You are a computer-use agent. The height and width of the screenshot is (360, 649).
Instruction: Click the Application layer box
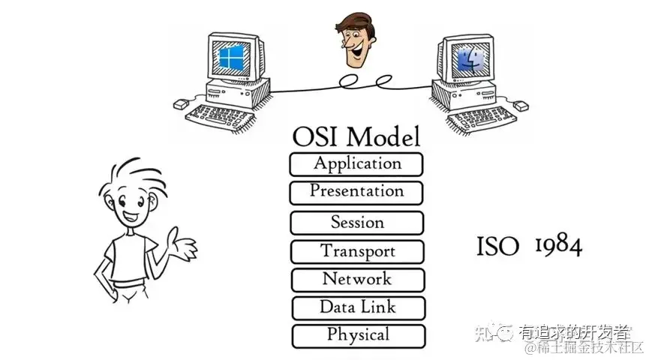tap(356, 163)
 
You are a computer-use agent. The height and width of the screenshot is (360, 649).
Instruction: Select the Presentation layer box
tap(356, 192)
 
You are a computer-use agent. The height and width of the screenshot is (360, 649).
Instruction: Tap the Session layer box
tap(357, 223)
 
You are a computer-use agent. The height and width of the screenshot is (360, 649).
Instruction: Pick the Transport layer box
tap(357, 251)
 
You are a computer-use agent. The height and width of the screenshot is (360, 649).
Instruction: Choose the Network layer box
tap(357, 280)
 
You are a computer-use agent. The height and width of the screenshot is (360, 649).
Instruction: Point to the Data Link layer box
tap(358, 307)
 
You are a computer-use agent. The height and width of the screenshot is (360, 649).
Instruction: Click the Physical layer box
tap(358, 335)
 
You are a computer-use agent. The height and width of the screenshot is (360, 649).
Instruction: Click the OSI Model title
tap(356, 136)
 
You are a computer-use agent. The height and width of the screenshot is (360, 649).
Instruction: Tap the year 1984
tap(558, 244)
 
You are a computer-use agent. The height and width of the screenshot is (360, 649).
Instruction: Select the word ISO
tap(497, 246)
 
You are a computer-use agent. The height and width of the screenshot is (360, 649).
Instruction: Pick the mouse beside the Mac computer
tap(518, 106)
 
